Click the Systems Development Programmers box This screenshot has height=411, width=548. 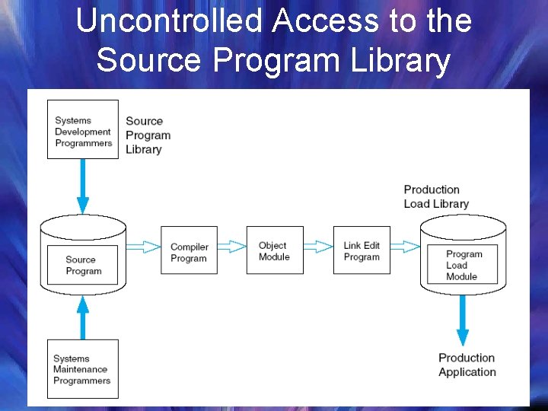(83, 129)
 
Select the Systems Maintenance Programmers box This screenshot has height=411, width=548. (83, 369)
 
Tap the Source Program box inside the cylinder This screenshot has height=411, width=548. (83, 265)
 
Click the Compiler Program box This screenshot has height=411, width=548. (189, 250)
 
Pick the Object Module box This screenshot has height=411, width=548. (274, 250)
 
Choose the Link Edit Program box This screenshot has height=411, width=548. (362, 250)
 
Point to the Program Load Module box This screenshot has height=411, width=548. (462, 265)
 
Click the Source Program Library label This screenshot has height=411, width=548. (148, 135)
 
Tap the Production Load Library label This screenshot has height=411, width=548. (436, 196)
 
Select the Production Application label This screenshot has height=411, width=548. (467, 365)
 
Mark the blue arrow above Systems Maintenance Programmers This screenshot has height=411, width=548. (83, 317)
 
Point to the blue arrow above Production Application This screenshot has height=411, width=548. (463, 320)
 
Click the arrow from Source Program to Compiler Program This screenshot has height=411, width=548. (143, 247)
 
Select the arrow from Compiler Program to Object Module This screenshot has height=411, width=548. (231, 247)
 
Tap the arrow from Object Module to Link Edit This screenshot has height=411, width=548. (318, 247)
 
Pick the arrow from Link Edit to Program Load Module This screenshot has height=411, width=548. (405, 247)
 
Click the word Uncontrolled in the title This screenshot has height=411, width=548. (169, 21)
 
